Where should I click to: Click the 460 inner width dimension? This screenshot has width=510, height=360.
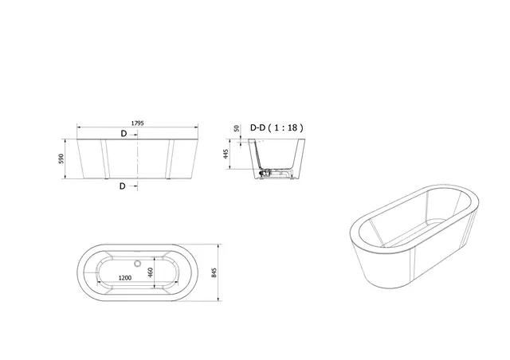click(x=150, y=272)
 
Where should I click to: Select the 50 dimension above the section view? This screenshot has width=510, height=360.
click(x=237, y=129)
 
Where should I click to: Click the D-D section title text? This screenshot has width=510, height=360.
click(x=259, y=127)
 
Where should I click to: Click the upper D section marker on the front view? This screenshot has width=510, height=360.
click(x=124, y=134)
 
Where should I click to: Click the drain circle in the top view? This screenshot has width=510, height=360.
click(x=139, y=261)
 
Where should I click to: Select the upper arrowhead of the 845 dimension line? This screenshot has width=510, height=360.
click(x=220, y=243)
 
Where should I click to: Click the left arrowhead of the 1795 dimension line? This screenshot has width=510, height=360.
click(x=79, y=127)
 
